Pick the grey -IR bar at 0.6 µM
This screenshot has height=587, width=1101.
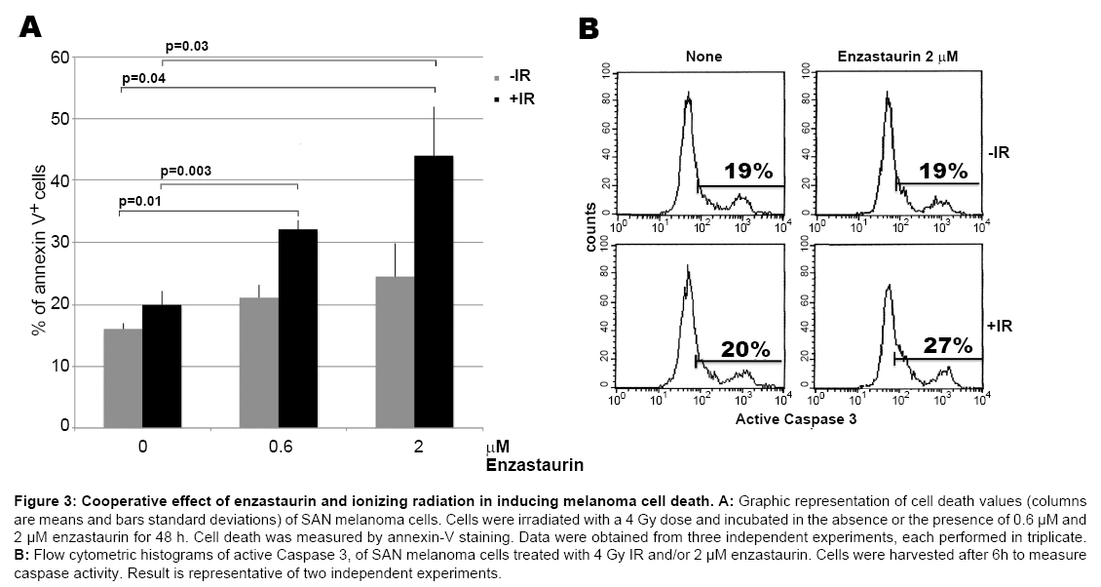(259, 362)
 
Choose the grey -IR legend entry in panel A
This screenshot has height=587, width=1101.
(513, 77)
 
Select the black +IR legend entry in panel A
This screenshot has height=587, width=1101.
(513, 98)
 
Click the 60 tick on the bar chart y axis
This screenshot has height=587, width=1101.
(60, 58)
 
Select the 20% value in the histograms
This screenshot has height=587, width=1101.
(746, 348)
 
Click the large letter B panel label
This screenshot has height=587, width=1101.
(588, 28)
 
